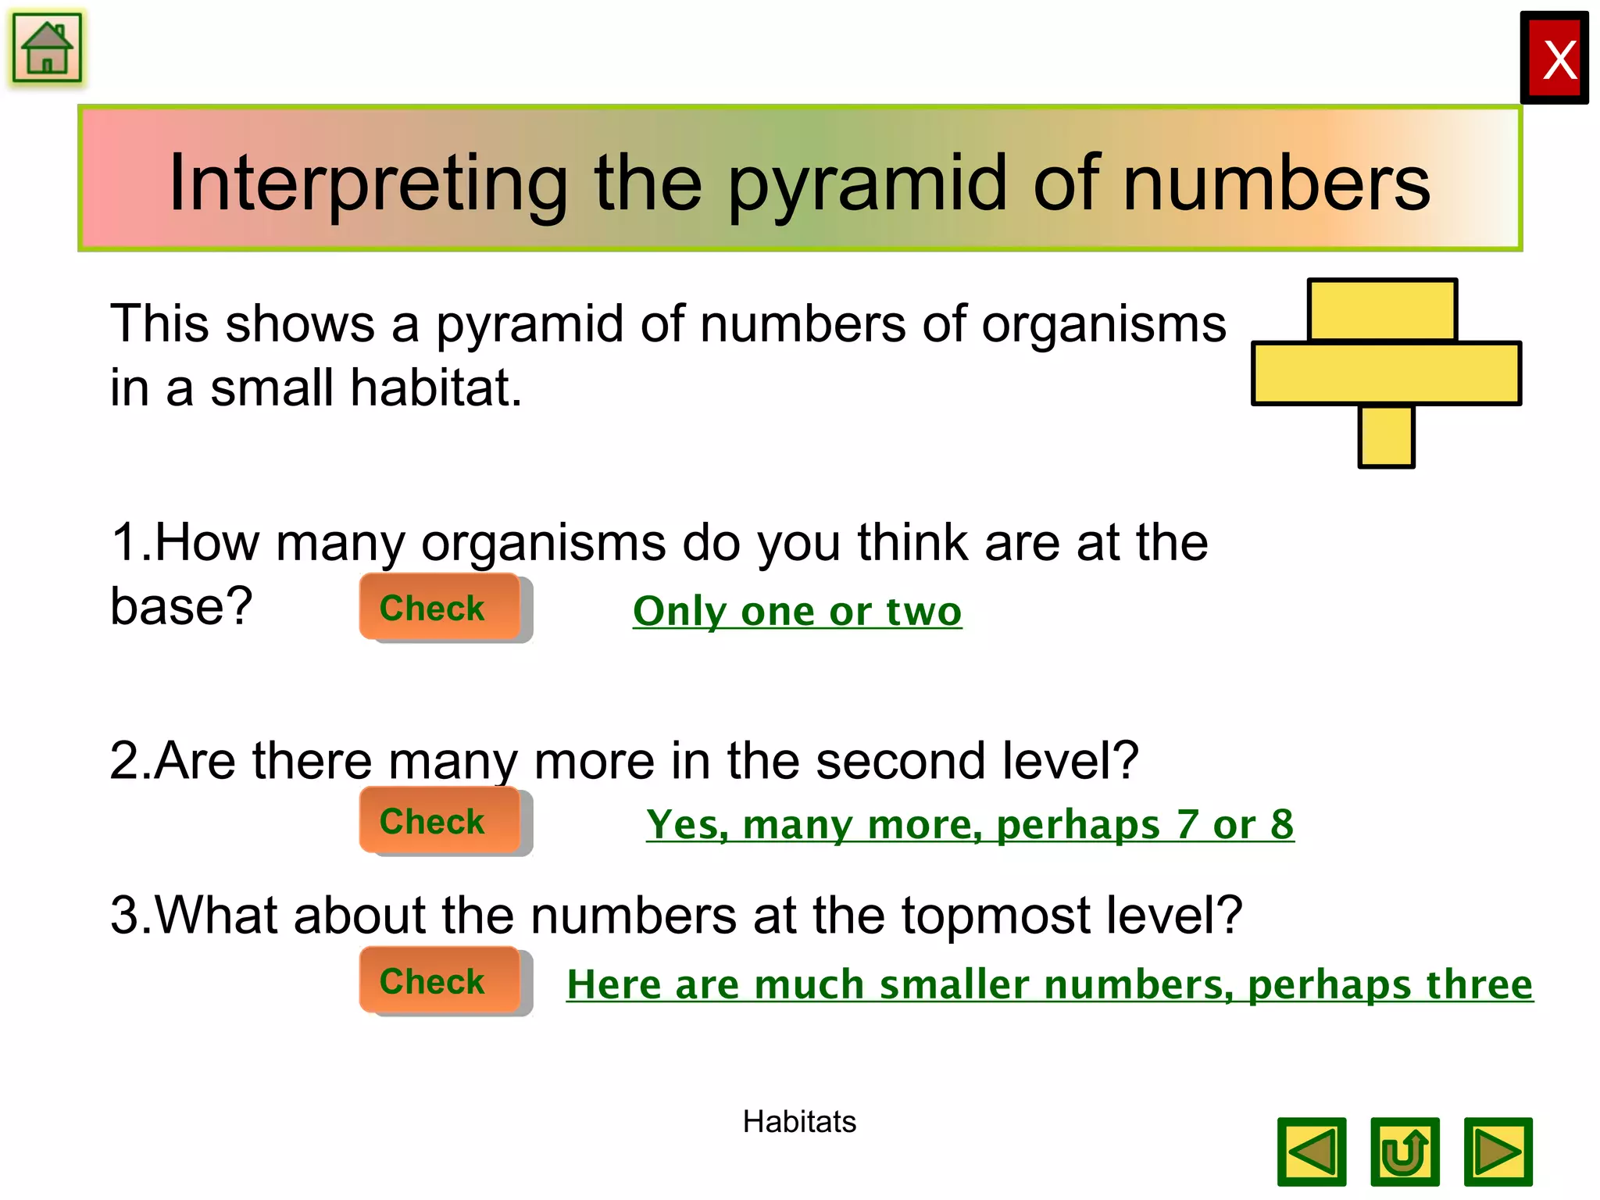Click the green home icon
[x=47, y=48]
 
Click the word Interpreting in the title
[x=368, y=184]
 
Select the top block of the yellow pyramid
[x=1381, y=311]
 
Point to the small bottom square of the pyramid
[x=1386, y=437]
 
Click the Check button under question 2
[x=439, y=821]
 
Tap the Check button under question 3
[x=439, y=981]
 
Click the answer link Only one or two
[x=797, y=611]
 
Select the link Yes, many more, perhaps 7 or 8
[x=970, y=825]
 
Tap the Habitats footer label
[x=798, y=1122]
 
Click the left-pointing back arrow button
[x=1312, y=1152]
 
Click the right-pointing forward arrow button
[x=1498, y=1152]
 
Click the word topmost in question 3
[x=995, y=915]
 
